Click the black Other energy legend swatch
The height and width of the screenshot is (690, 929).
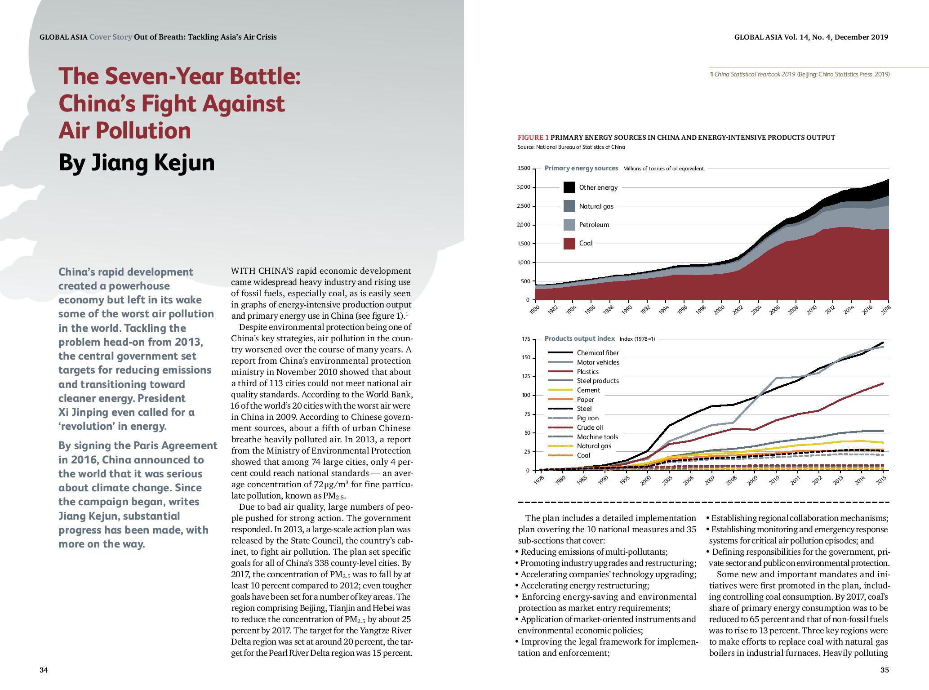point(569,187)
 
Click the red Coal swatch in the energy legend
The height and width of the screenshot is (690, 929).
point(569,243)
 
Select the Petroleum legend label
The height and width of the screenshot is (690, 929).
point(594,225)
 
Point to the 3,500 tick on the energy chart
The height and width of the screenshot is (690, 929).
point(524,169)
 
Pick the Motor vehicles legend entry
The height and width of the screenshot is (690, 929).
point(598,362)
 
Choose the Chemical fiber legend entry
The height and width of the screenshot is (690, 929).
point(598,353)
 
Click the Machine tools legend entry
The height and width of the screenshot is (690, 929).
point(597,437)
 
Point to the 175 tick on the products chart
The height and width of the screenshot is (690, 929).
point(526,339)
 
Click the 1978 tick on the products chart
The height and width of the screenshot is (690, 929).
point(538,480)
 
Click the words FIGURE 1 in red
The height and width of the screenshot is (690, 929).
point(533,138)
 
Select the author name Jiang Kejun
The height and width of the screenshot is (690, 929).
point(153,162)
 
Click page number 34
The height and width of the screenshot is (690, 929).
point(44,670)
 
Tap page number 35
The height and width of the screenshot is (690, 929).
point(885,670)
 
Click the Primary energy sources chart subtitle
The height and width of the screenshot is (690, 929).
point(581,168)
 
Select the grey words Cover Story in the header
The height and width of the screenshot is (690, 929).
point(111,37)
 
